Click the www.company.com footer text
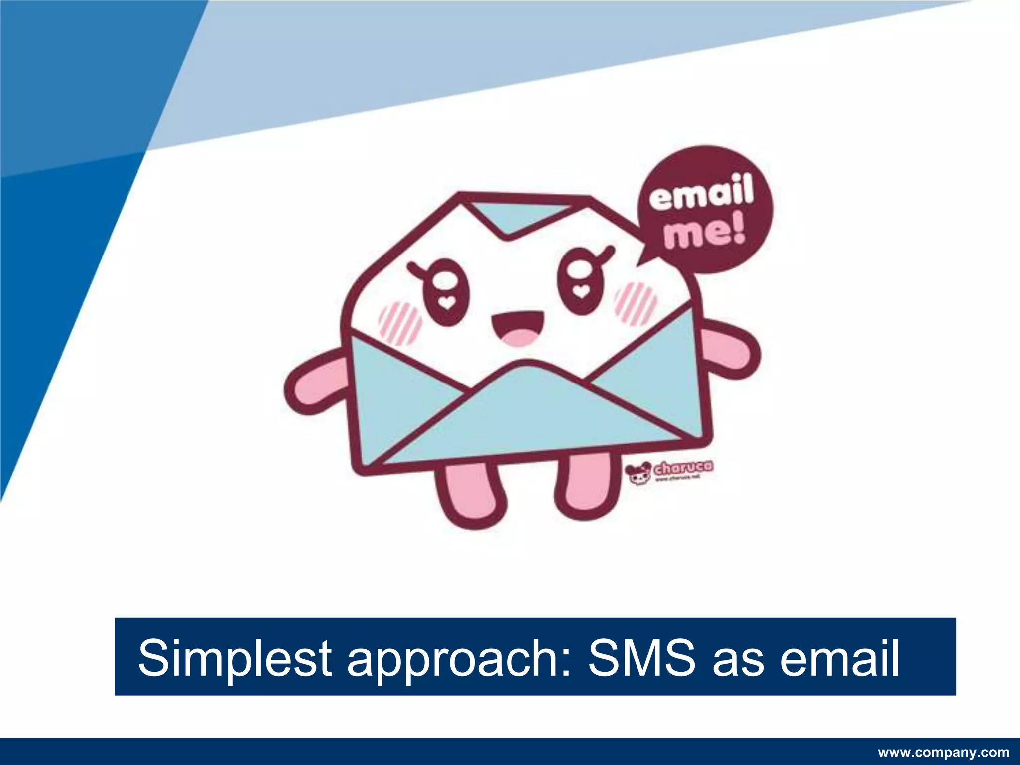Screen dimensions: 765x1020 pyautogui.click(x=943, y=752)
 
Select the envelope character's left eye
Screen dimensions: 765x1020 pyautogui.click(x=445, y=291)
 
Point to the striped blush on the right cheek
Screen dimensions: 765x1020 pyautogui.click(x=636, y=303)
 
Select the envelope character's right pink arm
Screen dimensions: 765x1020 pyautogui.click(x=732, y=348)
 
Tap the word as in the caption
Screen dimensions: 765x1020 pyautogui.click(x=738, y=659)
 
